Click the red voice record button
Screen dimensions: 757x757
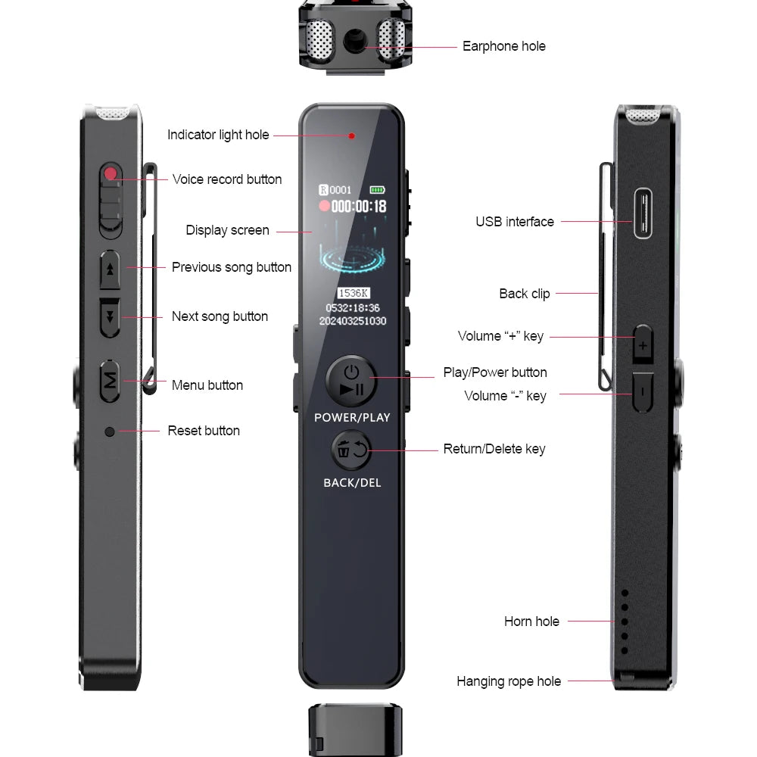point(111,174)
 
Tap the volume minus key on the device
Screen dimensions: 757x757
point(642,392)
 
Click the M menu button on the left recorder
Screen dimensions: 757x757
point(111,381)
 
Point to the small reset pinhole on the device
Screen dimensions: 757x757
point(110,431)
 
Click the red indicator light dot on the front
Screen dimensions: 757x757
point(352,136)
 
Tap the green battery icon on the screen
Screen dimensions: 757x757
point(377,189)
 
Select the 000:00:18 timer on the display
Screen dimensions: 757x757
point(359,206)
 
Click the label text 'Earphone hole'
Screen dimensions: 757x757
point(503,46)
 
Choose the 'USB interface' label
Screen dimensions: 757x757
point(515,222)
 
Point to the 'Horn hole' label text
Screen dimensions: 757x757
point(531,621)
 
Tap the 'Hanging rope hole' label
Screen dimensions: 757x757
point(509,681)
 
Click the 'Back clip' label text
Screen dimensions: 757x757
point(525,294)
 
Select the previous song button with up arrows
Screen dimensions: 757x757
point(111,269)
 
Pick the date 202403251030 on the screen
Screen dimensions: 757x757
point(353,321)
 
